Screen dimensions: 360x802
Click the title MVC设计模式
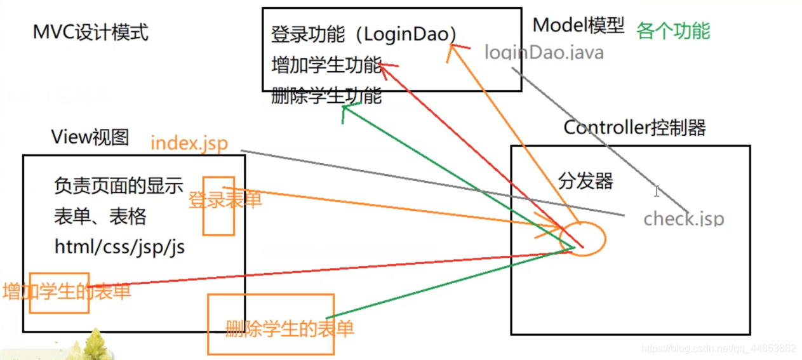click(x=91, y=32)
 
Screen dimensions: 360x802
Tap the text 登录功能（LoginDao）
click(x=364, y=34)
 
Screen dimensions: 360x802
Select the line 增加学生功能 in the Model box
click(x=326, y=65)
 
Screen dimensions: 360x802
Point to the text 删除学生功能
click(x=326, y=97)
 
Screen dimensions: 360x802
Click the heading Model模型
click(x=578, y=26)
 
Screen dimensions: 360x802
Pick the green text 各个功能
click(x=673, y=30)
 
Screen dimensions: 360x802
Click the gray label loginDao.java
click(x=544, y=53)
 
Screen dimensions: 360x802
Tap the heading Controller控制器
click(x=634, y=128)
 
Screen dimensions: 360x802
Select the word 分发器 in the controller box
click(x=585, y=182)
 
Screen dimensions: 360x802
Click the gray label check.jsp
click(x=683, y=219)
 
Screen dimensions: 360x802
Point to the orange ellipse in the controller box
click(x=582, y=239)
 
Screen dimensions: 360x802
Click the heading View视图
click(x=90, y=137)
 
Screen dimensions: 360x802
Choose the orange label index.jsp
click(x=189, y=143)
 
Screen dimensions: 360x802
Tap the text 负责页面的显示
click(x=119, y=186)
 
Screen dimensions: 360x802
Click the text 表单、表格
click(x=100, y=217)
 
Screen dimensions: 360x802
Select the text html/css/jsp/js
click(x=119, y=247)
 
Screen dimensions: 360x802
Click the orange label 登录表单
click(x=225, y=200)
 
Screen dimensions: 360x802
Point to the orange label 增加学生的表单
click(x=67, y=291)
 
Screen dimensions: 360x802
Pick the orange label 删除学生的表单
click(x=290, y=329)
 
